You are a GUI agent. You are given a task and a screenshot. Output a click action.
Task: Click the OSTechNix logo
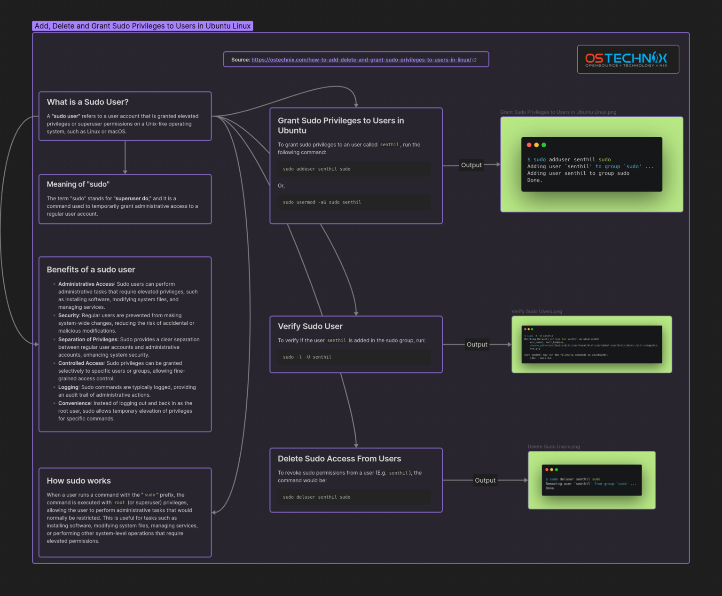click(x=628, y=59)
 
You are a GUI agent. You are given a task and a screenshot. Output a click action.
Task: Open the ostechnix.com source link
click(x=361, y=60)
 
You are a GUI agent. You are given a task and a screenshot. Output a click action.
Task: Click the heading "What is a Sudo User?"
click(x=87, y=102)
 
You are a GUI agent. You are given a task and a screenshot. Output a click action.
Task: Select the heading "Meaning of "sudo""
click(x=78, y=184)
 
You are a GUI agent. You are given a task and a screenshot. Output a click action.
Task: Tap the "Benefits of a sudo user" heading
click(x=91, y=269)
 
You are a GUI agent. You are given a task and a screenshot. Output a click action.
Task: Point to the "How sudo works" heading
click(x=78, y=480)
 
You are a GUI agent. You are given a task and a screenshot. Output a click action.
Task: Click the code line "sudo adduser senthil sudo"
click(x=316, y=169)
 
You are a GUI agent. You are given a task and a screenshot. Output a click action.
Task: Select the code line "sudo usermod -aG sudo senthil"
click(x=322, y=202)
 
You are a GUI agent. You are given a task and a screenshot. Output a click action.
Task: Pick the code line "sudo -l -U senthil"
click(x=307, y=357)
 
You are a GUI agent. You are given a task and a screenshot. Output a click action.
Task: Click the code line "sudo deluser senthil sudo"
click(x=316, y=497)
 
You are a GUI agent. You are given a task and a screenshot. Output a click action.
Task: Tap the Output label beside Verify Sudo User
click(x=477, y=345)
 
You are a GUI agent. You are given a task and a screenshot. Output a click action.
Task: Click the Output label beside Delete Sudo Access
click(x=485, y=480)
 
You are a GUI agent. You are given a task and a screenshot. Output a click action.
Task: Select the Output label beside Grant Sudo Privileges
click(x=471, y=165)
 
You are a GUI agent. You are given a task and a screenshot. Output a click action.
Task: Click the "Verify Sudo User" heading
click(x=310, y=326)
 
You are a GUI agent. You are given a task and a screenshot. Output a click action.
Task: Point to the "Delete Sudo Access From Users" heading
click(x=339, y=458)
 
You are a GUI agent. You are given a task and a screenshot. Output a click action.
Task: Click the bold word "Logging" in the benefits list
click(x=68, y=387)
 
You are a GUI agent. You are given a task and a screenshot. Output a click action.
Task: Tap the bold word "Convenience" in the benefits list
click(x=74, y=403)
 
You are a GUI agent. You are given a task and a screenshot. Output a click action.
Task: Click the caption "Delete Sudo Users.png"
click(x=554, y=447)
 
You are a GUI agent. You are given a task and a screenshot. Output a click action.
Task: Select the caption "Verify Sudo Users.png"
click(x=536, y=311)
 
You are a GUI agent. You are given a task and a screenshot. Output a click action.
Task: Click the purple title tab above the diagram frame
click(x=142, y=26)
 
